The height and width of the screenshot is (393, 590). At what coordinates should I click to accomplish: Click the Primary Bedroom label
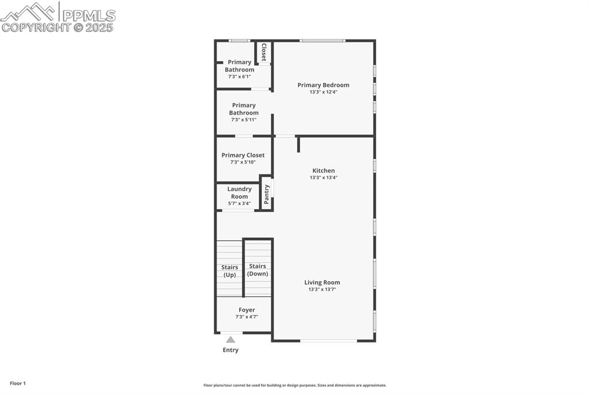coord(323,85)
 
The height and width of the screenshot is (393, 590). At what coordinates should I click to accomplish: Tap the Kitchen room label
coord(323,171)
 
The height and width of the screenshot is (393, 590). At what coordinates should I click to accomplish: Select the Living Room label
coord(322,282)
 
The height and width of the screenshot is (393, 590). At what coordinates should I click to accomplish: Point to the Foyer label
coord(247,310)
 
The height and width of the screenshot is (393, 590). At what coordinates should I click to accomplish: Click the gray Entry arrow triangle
coord(230,339)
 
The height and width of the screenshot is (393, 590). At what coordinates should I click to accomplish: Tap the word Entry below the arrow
coord(230,350)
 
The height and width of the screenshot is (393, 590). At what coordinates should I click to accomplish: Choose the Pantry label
coord(266,194)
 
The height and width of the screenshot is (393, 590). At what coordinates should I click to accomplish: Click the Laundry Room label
coord(239,192)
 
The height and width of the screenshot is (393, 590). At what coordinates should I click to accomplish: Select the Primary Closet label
coord(243,155)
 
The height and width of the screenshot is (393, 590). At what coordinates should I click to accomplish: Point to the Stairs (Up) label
coord(229,271)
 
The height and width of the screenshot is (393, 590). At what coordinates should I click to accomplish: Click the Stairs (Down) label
coord(258,270)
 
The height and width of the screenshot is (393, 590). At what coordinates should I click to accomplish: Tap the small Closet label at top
coord(264,52)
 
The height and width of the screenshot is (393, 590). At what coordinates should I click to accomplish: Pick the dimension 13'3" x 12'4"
coord(323,92)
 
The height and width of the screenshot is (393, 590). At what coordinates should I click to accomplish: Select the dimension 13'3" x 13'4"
coord(323,177)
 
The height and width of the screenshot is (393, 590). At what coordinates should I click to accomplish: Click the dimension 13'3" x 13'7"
coord(322,289)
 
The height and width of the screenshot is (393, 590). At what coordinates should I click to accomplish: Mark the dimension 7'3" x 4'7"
coord(247,317)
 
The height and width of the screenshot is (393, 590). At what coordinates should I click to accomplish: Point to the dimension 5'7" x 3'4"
coord(239,203)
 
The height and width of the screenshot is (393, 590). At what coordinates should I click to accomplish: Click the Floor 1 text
coord(18,383)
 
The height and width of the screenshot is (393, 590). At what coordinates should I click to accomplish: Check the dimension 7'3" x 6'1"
coord(239,76)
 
